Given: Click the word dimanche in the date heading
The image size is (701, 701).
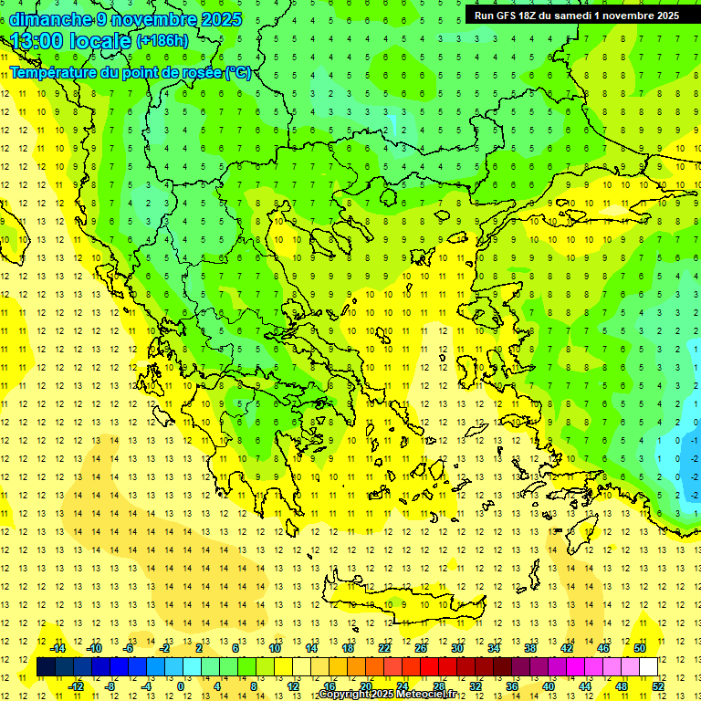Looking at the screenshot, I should [50, 19].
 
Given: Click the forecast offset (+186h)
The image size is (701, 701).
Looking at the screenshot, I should [162, 41].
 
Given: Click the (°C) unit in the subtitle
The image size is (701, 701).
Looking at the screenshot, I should [238, 73].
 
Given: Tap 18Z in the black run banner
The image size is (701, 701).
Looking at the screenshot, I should [528, 16].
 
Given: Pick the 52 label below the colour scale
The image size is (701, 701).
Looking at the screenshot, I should [658, 686].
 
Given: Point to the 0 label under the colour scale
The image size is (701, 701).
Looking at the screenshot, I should [181, 686].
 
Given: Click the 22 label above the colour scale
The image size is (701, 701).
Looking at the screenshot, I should [384, 648].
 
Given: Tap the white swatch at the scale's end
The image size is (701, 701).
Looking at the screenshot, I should [648, 667].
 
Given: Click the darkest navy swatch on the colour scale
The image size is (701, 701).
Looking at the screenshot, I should [46, 667].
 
